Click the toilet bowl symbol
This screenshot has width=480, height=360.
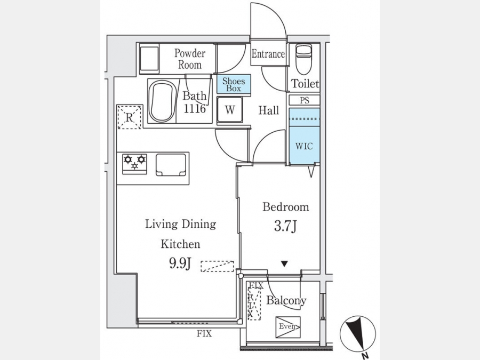(303, 60)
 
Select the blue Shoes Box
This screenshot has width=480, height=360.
(234, 84)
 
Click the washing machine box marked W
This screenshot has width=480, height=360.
(230, 110)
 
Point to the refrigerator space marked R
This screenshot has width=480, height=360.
(130, 117)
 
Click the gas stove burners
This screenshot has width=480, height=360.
(135, 164)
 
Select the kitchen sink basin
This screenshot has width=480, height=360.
(171, 165)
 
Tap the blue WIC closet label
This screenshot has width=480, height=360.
(305, 146)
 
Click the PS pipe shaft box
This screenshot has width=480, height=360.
(305, 100)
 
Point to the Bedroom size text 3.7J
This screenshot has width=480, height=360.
(285, 227)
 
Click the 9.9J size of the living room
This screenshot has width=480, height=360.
(180, 263)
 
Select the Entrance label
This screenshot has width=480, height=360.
(268, 54)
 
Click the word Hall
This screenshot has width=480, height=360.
(268, 110)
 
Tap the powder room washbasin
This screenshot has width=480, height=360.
(149, 59)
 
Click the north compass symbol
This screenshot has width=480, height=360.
(358, 334)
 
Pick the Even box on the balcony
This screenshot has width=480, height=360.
(288, 327)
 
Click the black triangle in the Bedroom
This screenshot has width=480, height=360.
(285, 263)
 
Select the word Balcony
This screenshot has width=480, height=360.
(286, 300)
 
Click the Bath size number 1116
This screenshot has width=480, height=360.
(194, 109)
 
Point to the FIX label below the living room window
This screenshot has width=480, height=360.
(204, 333)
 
